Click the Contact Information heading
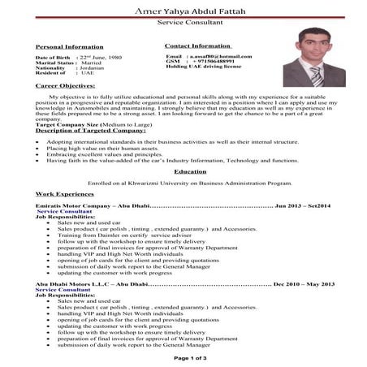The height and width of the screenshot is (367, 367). tap(197, 46)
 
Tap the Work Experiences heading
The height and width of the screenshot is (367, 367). tap(65, 195)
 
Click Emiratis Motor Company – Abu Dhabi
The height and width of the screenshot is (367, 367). tap(84, 208)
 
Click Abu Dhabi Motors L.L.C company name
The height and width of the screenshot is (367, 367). tap(80, 285)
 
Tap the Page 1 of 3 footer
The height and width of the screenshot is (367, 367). tap(191, 357)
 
